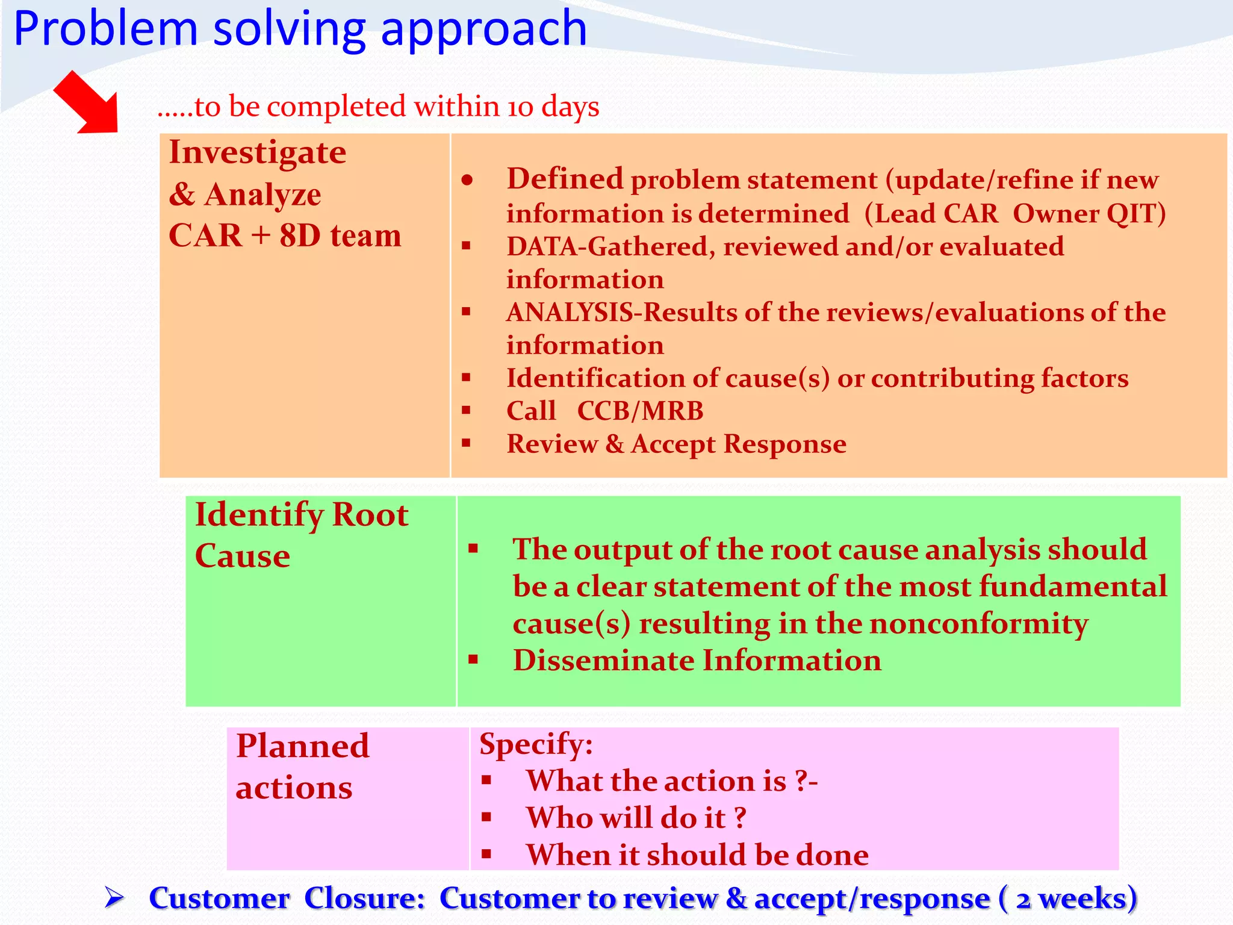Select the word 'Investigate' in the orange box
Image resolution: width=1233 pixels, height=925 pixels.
258,152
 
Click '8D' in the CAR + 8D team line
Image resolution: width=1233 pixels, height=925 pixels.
300,235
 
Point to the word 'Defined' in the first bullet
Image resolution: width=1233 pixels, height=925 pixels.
564,179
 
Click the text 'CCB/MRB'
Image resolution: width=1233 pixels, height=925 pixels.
640,411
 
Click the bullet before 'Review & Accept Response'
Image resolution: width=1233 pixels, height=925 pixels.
466,443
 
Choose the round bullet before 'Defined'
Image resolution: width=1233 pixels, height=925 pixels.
467,180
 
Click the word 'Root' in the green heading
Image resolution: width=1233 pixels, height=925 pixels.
370,515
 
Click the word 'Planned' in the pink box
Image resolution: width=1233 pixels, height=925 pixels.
302,747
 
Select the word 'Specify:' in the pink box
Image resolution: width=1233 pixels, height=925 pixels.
536,744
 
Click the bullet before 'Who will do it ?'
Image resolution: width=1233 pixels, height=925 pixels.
486,817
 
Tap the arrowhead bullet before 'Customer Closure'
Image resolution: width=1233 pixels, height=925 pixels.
114,898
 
